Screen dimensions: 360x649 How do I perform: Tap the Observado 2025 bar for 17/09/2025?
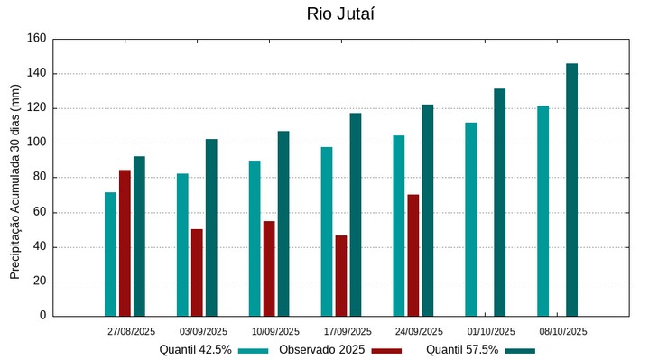click(x=341, y=275)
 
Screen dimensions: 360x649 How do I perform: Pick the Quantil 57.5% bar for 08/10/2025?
click(x=571, y=189)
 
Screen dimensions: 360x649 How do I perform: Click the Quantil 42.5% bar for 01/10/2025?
click(x=470, y=219)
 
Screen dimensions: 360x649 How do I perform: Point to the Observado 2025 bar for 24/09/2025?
click(x=413, y=255)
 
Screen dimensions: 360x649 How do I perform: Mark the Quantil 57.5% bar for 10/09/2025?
click(x=283, y=224)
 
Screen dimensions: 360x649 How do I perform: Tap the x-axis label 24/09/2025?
click(x=419, y=331)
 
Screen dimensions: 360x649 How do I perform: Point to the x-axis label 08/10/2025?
click(x=563, y=331)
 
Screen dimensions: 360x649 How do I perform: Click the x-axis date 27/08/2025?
click(x=131, y=331)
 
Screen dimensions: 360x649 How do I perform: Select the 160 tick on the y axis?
click(x=36, y=39)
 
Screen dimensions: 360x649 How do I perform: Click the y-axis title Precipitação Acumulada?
click(x=14, y=180)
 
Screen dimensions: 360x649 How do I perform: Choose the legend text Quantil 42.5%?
click(x=195, y=350)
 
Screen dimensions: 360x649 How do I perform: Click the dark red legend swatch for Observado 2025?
click(x=387, y=350)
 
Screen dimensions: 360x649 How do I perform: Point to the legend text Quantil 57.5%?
click(x=462, y=350)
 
